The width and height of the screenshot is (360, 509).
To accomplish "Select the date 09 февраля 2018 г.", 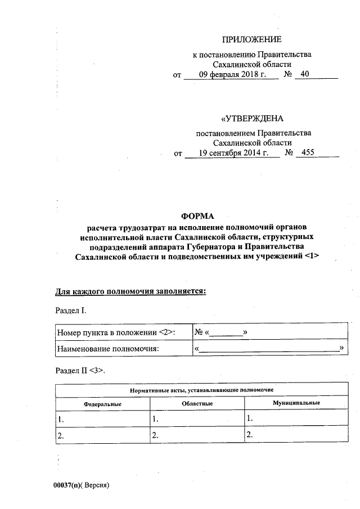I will click(232, 75).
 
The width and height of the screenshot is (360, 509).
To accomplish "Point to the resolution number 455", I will click(308, 152).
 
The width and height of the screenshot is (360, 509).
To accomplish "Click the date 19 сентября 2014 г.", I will click(232, 153).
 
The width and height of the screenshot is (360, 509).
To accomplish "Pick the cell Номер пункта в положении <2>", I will click(116, 333).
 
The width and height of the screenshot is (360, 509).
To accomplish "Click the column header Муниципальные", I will click(296, 403).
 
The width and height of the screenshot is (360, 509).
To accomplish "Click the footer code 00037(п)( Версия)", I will click(80, 484).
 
